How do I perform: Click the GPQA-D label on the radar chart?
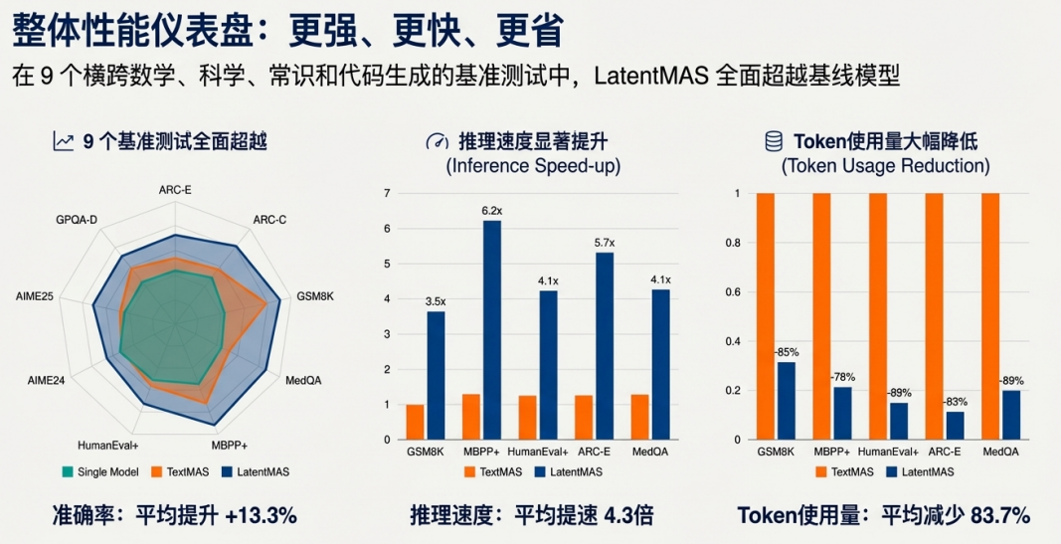77,218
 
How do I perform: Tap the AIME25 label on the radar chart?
35,296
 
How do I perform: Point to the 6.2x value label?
492,210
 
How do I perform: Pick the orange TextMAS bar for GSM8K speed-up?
415,422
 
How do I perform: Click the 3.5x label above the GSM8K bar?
436,300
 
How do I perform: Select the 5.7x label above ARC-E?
605,243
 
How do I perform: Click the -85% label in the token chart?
786,351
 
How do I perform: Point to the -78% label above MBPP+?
842,377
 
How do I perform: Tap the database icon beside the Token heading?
773,142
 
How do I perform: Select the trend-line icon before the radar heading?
64,142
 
